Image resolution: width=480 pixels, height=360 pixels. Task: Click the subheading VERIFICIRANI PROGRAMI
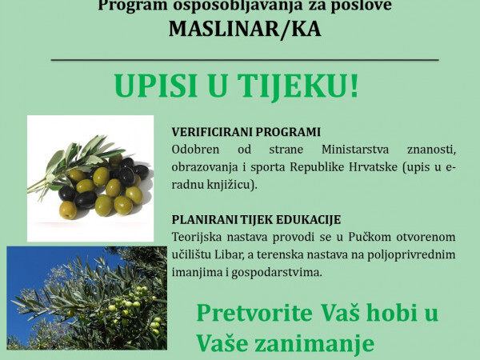point(246,132)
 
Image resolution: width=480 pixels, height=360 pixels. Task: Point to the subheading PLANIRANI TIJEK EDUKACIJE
point(257,219)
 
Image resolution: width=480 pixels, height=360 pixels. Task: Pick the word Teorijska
point(198,238)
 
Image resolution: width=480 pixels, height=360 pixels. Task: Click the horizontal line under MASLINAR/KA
point(245,60)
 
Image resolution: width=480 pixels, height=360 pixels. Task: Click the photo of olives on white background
point(90,178)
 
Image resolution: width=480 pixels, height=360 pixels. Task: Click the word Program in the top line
point(129,6)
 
